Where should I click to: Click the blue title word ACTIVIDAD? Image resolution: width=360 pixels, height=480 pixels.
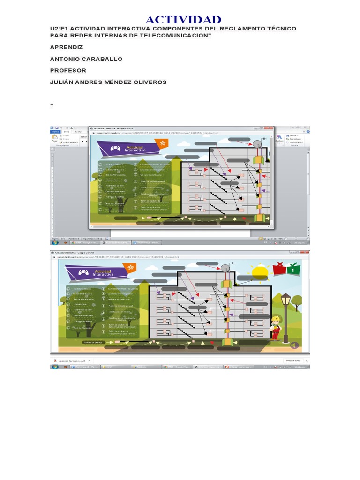click(183, 20)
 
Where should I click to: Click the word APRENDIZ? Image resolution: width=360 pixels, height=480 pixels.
click(67, 47)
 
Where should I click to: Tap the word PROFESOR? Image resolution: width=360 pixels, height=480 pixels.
click(68, 71)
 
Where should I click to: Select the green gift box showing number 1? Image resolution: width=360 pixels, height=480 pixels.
click(293, 270)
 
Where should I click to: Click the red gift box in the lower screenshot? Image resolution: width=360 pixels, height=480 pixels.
click(280, 269)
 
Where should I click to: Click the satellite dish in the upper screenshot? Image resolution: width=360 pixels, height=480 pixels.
click(257, 143)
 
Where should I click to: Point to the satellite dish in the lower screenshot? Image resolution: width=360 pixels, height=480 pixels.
click(225, 269)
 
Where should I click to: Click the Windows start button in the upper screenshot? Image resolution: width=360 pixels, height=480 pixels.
click(55, 243)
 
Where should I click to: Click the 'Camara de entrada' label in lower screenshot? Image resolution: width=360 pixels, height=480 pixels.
click(93, 342)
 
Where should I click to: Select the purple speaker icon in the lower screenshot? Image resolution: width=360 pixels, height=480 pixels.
click(294, 345)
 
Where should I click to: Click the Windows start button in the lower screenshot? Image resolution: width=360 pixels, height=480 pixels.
click(54, 367)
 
